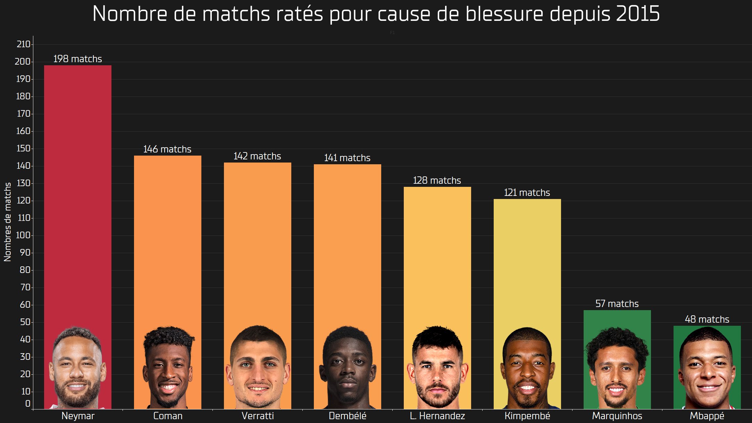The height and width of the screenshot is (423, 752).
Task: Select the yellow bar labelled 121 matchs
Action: [x=527, y=260]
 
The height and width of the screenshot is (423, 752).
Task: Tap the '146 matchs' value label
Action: [x=167, y=149]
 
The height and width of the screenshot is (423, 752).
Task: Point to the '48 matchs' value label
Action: [x=707, y=320]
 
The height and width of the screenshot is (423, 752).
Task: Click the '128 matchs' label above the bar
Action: [x=437, y=181]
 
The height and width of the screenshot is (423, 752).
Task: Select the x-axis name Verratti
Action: [x=258, y=416]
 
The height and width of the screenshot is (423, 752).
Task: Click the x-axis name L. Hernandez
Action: [x=437, y=416]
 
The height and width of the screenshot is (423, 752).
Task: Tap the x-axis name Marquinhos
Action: [x=617, y=416]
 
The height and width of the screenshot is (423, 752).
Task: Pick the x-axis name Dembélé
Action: [x=348, y=416]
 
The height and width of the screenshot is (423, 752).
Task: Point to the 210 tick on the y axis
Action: [x=23, y=44]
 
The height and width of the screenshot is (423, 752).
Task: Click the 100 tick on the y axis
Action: [x=23, y=235]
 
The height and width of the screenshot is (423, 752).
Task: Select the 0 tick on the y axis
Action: [x=28, y=404]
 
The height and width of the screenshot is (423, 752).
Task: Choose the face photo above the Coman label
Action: [x=168, y=367]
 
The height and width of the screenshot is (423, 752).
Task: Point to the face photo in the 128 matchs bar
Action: [x=437, y=367]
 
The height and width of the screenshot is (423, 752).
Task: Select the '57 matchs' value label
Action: [x=617, y=304]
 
